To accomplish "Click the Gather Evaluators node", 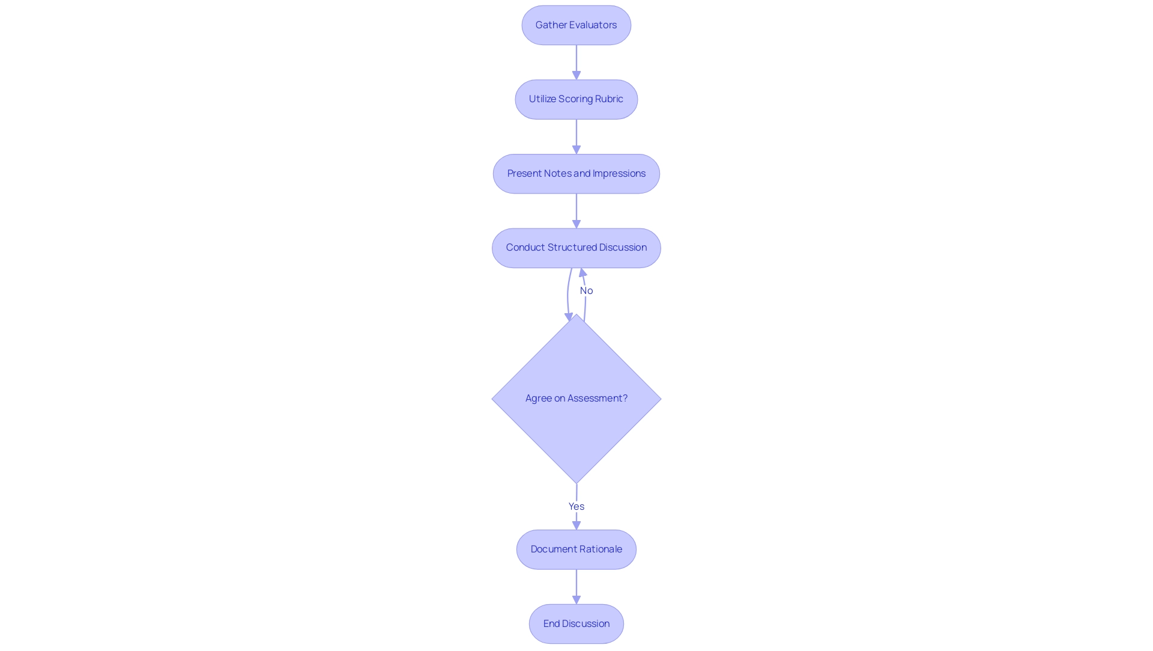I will tap(576, 25).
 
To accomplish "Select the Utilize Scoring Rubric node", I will tap(576, 99).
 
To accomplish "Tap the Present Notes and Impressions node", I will tap(576, 174).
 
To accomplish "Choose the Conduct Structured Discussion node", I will tap(576, 248).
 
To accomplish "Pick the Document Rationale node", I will tap(576, 549).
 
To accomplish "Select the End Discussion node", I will tap(576, 624).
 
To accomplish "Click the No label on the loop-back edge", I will tap(586, 291).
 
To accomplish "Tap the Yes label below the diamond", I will tap(576, 507).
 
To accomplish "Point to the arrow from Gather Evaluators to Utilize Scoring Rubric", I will tap(576, 62).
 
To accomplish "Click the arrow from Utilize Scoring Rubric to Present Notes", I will tap(576, 136).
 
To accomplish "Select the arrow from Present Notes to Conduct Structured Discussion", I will tap(576, 210).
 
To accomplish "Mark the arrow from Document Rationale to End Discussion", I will tap(576, 586).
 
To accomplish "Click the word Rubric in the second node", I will tap(609, 99).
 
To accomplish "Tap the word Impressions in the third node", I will tap(619, 174).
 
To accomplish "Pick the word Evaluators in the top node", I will tap(593, 25).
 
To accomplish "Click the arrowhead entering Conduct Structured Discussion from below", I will tap(583, 273).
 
